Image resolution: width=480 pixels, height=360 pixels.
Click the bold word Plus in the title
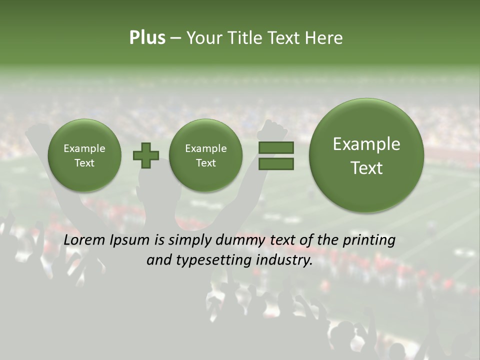click(147, 38)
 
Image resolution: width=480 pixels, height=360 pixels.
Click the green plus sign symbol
click(146, 155)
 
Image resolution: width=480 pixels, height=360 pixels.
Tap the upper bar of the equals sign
click(276, 147)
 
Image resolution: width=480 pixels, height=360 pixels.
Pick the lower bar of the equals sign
click(276, 163)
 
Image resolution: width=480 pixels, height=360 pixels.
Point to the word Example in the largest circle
click(366, 144)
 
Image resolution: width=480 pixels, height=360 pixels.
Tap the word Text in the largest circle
click(366, 168)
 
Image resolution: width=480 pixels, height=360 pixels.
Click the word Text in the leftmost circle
click(84, 163)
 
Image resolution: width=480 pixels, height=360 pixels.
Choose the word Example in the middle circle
click(205, 148)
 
